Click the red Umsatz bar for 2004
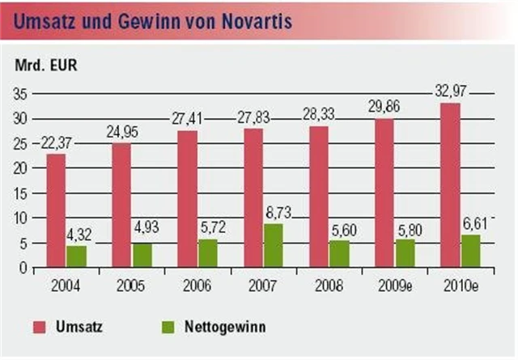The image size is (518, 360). [x=56, y=210]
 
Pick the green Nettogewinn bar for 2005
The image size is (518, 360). [x=142, y=255]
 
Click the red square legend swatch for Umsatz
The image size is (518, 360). [x=40, y=328]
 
